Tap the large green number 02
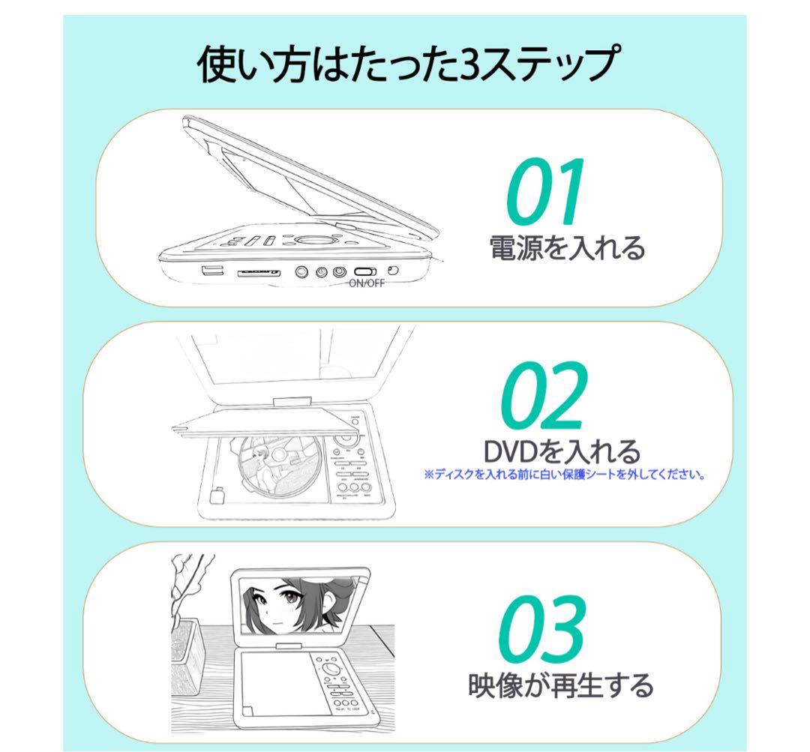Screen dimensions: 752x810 pos(542,396)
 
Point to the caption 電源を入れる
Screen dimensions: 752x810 pos(566,248)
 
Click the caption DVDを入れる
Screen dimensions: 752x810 pos(562,452)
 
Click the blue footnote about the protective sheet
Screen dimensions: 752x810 pos(564,474)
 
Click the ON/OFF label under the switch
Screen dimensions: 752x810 pos(367,283)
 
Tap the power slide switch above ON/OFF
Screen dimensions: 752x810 pos(366,271)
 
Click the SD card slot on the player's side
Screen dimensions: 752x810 pos(259,274)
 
